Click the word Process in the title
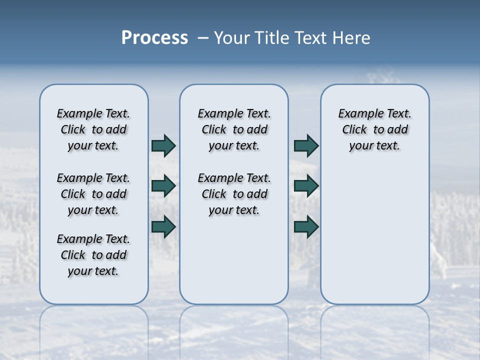(154, 37)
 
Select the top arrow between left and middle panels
(163, 145)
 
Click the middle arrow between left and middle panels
(163, 186)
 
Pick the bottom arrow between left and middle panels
(163, 227)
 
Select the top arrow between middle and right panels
(306, 145)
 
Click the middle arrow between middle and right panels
(306, 186)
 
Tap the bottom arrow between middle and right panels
(306, 227)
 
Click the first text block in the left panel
(93, 129)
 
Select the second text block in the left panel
(93, 194)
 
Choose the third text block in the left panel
(93, 255)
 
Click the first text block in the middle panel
(234, 129)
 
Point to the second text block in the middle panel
(234, 194)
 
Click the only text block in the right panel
(374, 129)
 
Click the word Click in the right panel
(354, 130)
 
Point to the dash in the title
(203, 38)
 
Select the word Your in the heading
(232, 38)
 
